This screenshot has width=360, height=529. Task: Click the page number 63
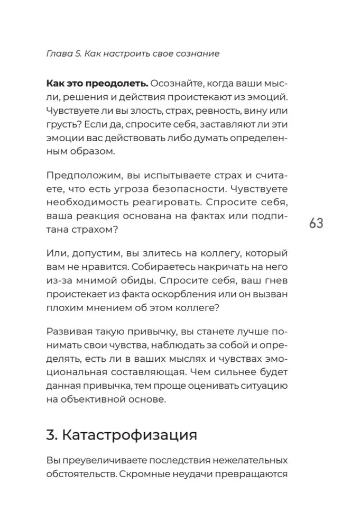pos(316,223)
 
